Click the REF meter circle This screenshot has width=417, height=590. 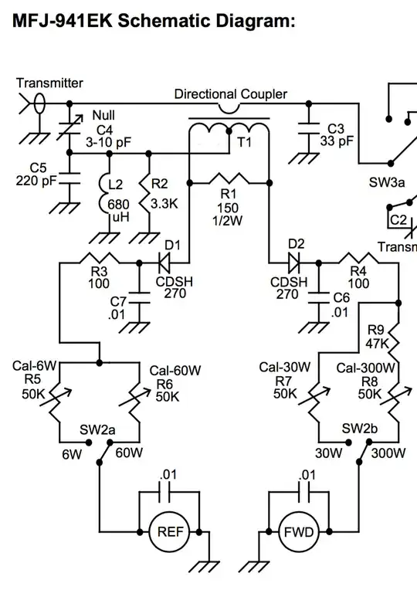point(169,532)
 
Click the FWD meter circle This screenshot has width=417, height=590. point(297,532)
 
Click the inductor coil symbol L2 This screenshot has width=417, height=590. point(108,195)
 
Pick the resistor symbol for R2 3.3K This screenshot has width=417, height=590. point(145,195)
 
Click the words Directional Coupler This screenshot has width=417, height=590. point(230,94)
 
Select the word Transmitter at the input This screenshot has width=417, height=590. point(49,83)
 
